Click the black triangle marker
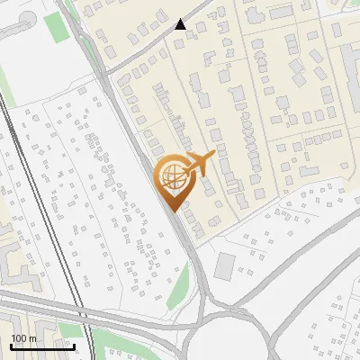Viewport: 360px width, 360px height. click(x=181, y=24)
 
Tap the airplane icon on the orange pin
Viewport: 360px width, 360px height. click(x=199, y=165)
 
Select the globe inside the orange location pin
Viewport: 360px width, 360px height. click(x=171, y=177)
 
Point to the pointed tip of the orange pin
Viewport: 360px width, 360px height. click(x=172, y=211)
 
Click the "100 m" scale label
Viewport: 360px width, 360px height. click(x=23, y=338)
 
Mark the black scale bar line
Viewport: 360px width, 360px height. click(x=42, y=346)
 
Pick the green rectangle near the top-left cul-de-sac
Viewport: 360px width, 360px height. click(x=57, y=27)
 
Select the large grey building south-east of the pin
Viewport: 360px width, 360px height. click(x=224, y=265)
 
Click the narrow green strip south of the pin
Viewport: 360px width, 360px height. click(x=179, y=286)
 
